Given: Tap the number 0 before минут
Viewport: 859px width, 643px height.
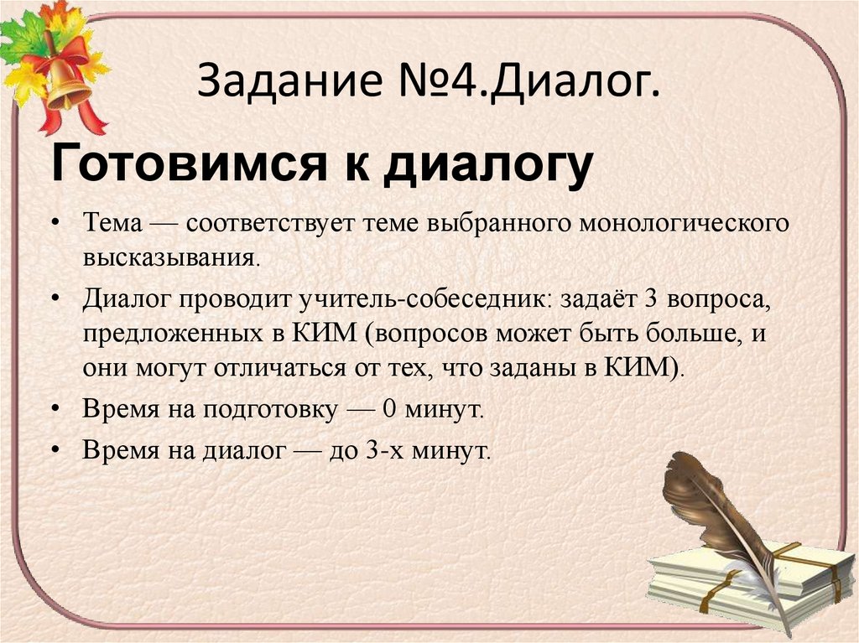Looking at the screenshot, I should pyautogui.click(x=388, y=410).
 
